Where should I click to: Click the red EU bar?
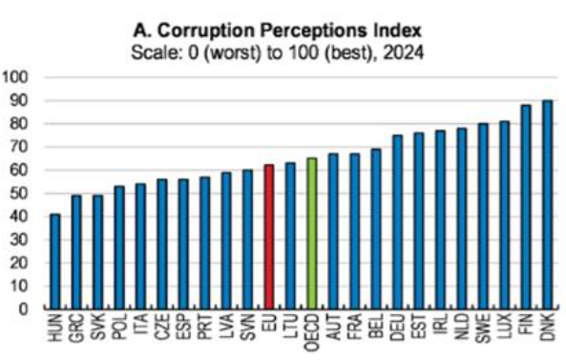[x=269, y=237]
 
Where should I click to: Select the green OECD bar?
[x=312, y=233]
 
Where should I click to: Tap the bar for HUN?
[x=54, y=262]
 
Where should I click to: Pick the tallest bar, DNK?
[x=548, y=204]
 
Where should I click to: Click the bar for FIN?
[x=526, y=207]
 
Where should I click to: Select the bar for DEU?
[x=397, y=222]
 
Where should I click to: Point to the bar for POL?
[x=119, y=247]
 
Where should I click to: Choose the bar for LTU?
[x=290, y=236]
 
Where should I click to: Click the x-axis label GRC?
[x=76, y=328]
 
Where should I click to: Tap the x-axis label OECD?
[x=312, y=332]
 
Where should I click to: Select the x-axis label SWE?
[x=483, y=328]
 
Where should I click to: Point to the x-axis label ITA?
[x=140, y=324]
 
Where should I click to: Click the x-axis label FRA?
[x=354, y=327]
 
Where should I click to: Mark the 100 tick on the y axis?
[x=15, y=77]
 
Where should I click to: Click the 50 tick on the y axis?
[x=19, y=194]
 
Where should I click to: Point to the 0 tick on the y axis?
[x=23, y=309]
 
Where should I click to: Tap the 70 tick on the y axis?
[x=19, y=147]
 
